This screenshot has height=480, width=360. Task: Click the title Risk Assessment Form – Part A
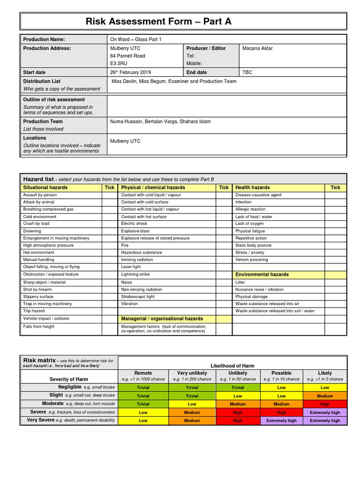pos(158,22)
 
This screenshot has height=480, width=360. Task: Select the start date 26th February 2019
pos(130,73)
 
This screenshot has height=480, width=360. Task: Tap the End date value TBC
pos(247,73)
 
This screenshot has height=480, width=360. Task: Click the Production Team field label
pos(43,121)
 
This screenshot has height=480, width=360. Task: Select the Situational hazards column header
pos(45,187)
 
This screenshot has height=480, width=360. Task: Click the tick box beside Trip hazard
pos(109,311)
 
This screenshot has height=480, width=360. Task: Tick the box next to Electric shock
pos(224,224)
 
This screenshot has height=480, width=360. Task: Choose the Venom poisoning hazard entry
pos(252,260)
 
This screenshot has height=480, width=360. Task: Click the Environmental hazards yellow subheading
pos(262,275)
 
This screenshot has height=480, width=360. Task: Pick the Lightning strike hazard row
pos(136,275)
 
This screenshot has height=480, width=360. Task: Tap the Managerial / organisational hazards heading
pos(162,319)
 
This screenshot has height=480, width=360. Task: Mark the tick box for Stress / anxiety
pos(335,253)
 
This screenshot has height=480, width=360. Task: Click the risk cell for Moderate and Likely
pos(324,404)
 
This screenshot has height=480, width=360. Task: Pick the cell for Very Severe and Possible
pos(281,421)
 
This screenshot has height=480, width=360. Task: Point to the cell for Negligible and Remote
pos(143,388)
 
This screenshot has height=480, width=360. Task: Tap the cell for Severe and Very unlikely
pos(192,412)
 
